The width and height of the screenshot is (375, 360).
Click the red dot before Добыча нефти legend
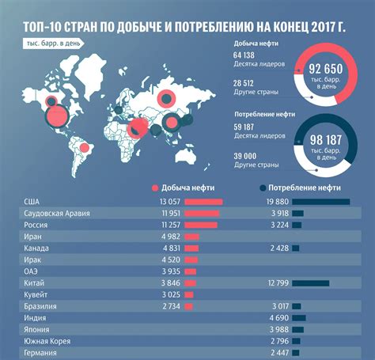click(x=153, y=188)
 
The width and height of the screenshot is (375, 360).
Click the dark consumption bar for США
click(x=320, y=202)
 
